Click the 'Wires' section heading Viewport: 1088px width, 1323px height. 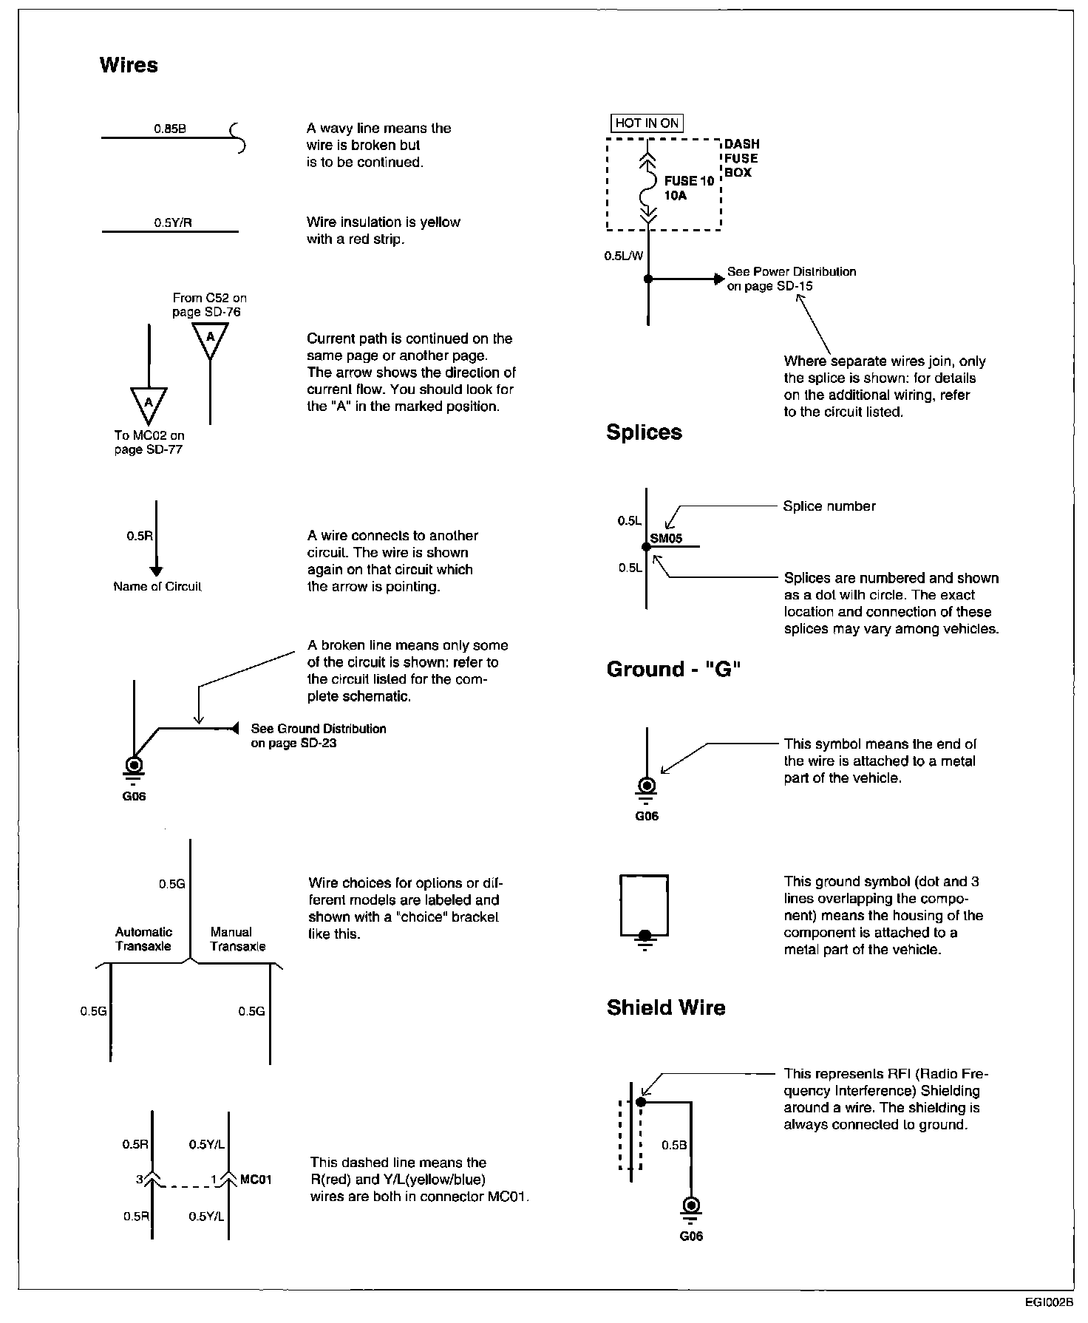click(129, 65)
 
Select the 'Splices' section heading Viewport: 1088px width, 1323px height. click(644, 432)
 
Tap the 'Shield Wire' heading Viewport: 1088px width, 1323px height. click(666, 1008)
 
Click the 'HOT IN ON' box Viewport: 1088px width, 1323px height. click(647, 123)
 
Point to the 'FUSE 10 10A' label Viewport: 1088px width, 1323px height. click(690, 188)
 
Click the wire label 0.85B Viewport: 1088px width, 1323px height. click(170, 129)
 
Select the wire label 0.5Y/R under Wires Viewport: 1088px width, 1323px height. click(173, 222)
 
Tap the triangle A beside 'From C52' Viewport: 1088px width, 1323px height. click(210, 338)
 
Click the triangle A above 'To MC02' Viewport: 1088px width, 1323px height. click(149, 403)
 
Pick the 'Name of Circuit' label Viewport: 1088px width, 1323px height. click(157, 587)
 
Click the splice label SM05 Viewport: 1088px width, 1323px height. click(666, 539)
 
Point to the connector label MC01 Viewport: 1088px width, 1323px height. click(256, 1180)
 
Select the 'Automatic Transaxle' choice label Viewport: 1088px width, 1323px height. click(143, 939)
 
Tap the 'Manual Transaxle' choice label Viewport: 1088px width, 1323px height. click(237, 939)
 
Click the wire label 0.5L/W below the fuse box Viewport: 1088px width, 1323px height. click(623, 256)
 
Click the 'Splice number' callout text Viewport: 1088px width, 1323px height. click(829, 507)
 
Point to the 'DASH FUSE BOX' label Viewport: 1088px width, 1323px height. click(741, 158)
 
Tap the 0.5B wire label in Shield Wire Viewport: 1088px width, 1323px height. click(674, 1146)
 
